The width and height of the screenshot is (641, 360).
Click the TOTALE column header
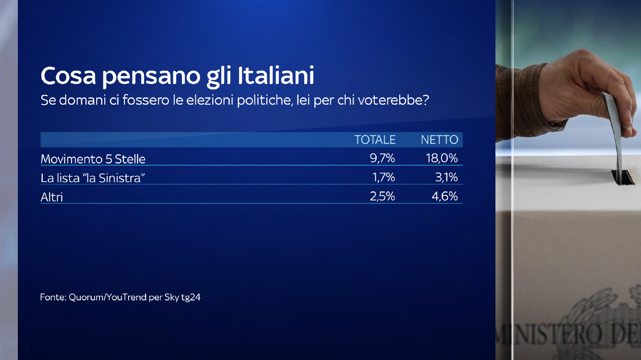375,139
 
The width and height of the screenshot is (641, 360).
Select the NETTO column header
440,139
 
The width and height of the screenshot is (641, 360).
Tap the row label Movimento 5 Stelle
93,159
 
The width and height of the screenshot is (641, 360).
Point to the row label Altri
52,197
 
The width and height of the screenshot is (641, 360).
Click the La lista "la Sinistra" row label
93,178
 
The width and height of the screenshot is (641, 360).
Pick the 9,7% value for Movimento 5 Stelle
382,158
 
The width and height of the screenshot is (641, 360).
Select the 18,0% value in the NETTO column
442,158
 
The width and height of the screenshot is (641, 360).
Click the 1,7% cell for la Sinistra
384,177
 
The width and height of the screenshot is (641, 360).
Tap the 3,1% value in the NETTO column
447,177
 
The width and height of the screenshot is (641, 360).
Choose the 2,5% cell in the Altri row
382,197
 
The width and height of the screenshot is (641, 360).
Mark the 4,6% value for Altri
445,197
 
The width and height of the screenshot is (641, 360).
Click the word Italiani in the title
276,75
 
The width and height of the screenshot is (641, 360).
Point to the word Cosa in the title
68,76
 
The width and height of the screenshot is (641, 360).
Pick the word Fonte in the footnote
53,297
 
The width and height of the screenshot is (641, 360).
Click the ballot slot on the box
622,176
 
